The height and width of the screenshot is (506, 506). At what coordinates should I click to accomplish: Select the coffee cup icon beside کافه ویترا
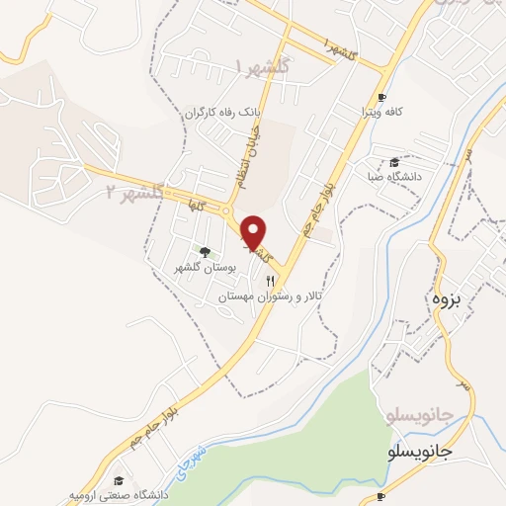click(381, 96)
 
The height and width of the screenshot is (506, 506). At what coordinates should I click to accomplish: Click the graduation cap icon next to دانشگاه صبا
click(394, 162)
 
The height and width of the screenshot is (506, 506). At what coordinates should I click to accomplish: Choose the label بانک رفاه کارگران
click(223, 114)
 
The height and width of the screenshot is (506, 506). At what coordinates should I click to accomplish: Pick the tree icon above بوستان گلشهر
click(205, 252)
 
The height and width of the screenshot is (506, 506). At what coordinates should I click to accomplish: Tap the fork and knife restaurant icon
click(270, 282)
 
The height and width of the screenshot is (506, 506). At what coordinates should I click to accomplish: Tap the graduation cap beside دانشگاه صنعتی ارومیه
click(119, 479)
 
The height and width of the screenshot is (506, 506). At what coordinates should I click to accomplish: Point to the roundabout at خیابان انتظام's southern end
click(228, 210)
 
